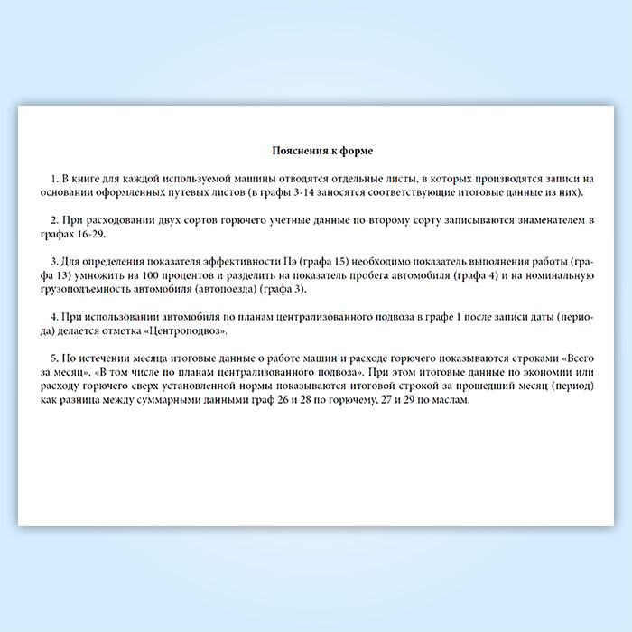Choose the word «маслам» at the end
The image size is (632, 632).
click(449, 399)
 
